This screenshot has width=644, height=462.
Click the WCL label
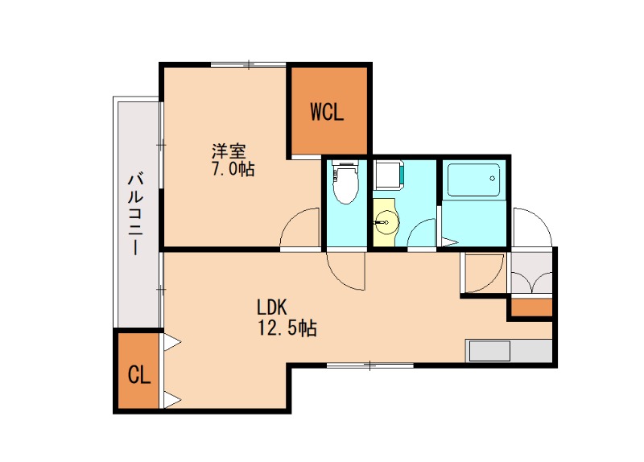[327, 112]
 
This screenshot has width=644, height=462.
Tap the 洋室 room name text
[229, 151]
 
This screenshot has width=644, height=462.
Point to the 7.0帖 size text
[233, 169]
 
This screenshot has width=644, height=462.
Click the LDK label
[271, 307]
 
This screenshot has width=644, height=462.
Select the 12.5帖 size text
[287, 328]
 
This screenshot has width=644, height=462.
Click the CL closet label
[138, 375]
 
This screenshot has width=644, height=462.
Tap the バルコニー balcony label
[136, 214]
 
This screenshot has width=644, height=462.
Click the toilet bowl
[345, 183]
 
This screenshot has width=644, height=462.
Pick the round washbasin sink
[386, 223]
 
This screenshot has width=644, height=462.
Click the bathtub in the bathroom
[473, 179]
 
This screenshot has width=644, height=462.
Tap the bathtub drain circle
[492, 178]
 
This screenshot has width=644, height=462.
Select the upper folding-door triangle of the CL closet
[172, 342]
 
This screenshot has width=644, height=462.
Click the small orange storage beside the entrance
[531, 307]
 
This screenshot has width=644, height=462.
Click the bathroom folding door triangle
[448, 242]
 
